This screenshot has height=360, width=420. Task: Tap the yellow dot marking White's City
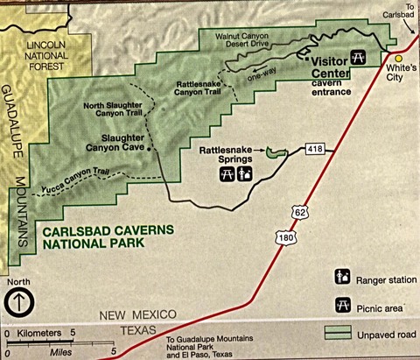coord(397,59)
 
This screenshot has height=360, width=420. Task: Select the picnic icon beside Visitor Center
coord(357,58)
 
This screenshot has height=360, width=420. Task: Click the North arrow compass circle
coord(18,303)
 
